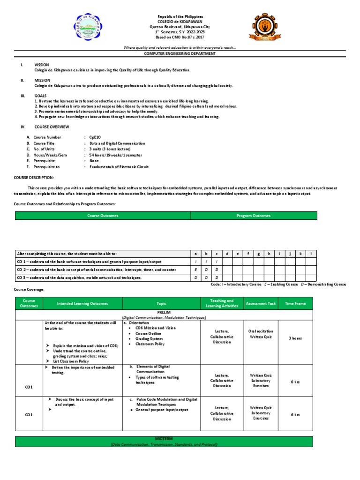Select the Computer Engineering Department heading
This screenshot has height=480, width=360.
180,54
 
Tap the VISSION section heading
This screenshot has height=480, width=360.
42,65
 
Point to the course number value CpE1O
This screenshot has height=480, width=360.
96,137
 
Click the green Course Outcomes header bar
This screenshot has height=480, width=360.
103,216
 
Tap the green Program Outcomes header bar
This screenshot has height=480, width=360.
254,216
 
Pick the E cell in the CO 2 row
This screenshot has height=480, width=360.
196,270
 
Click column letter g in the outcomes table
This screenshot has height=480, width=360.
258,254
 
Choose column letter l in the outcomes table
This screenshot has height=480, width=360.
311,254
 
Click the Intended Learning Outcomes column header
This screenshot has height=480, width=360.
82,304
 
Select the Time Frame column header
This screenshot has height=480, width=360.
295,304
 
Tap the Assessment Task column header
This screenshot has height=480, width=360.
261,304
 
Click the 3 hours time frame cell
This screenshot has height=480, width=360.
295,337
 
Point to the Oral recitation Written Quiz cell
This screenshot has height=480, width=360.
261,334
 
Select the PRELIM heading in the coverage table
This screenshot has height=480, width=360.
164,313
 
